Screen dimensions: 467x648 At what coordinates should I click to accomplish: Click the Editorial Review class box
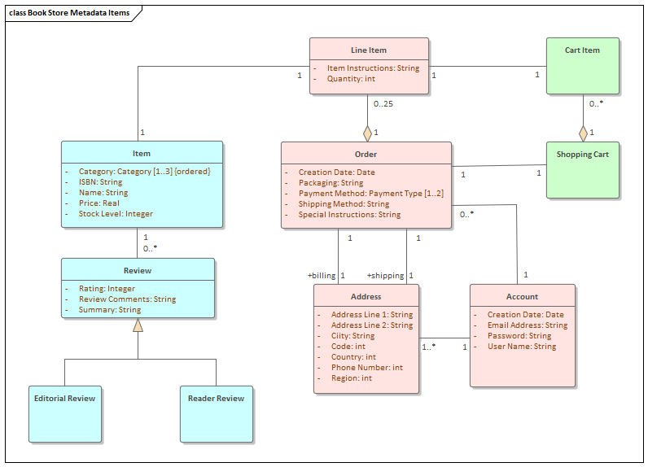pyautogui.click(x=65, y=414)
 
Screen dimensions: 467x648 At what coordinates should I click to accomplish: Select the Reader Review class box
pyautogui.click(x=216, y=414)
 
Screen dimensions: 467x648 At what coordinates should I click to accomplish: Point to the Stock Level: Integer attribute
pyautogui.click(x=116, y=214)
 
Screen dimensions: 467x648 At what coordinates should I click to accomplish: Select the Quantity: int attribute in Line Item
pyautogui.click(x=351, y=79)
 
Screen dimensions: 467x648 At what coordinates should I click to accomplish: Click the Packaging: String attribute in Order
pyautogui.click(x=331, y=183)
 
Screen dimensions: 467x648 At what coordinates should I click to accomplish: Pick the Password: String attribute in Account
pyautogui.click(x=519, y=335)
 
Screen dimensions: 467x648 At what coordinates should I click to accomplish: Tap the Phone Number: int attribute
pyautogui.click(x=366, y=368)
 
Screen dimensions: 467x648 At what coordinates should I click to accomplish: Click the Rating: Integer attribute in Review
pyautogui.click(x=107, y=288)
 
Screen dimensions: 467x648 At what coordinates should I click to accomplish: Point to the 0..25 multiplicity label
pyautogui.click(x=383, y=104)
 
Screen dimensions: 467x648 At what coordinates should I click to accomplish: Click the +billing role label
pyautogui.click(x=321, y=276)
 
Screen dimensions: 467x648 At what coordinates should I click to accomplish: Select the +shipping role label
pyautogui.click(x=385, y=276)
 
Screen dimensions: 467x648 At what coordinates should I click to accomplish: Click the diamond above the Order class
pyautogui.click(x=367, y=132)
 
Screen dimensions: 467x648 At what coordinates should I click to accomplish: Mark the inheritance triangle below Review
pyautogui.click(x=138, y=325)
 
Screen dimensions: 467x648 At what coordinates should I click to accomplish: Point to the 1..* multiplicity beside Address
pyautogui.click(x=428, y=347)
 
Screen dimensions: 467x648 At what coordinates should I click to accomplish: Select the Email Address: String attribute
pyautogui.click(x=528, y=325)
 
